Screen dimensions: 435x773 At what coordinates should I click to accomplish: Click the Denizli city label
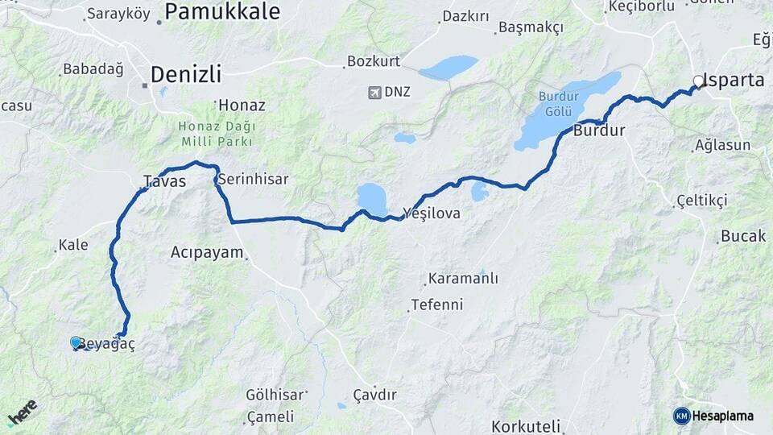(185, 75)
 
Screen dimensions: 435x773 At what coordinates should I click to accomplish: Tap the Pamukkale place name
(222, 11)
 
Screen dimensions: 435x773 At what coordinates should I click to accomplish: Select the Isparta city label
(733, 80)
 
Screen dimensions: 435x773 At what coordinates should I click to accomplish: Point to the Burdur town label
(599, 130)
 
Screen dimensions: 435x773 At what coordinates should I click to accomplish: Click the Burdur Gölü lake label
(558, 103)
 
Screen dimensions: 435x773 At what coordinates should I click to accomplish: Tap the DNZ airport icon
(374, 92)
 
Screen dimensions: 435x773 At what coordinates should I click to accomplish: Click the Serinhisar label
(253, 179)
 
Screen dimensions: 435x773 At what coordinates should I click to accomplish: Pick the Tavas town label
(164, 181)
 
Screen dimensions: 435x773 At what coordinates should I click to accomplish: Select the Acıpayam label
(207, 252)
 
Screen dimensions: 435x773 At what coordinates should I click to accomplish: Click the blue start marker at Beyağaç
(76, 342)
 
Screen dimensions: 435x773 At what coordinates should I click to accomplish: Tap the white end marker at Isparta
(698, 81)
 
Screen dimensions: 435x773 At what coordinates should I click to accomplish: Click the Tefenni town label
(436, 305)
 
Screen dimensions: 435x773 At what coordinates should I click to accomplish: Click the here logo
(22, 412)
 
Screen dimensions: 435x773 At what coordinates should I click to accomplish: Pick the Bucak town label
(737, 237)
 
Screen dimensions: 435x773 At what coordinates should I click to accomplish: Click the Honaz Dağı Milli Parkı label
(216, 134)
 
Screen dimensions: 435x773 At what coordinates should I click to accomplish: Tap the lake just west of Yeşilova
(372, 197)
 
